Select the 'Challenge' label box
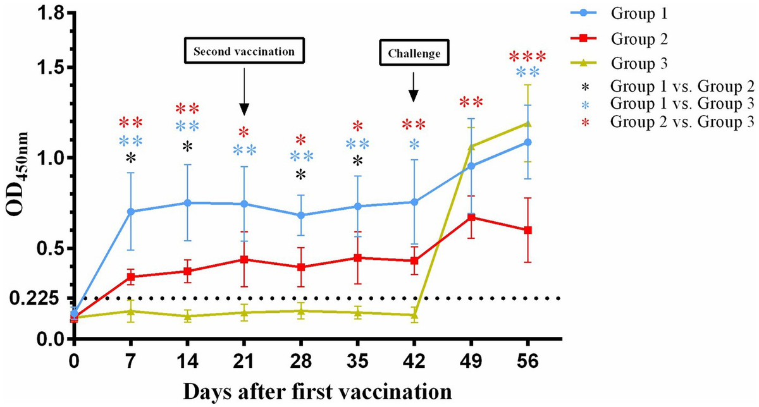(x=413, y=54)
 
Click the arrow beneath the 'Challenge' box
(x=413, y=87)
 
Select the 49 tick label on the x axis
(x=471, y=363)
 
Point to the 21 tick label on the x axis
(x=244, y=363)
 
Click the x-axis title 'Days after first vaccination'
(x=318, y=391)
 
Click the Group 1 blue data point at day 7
(x=131, y=212)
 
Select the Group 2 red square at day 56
(x=528, y=230)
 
